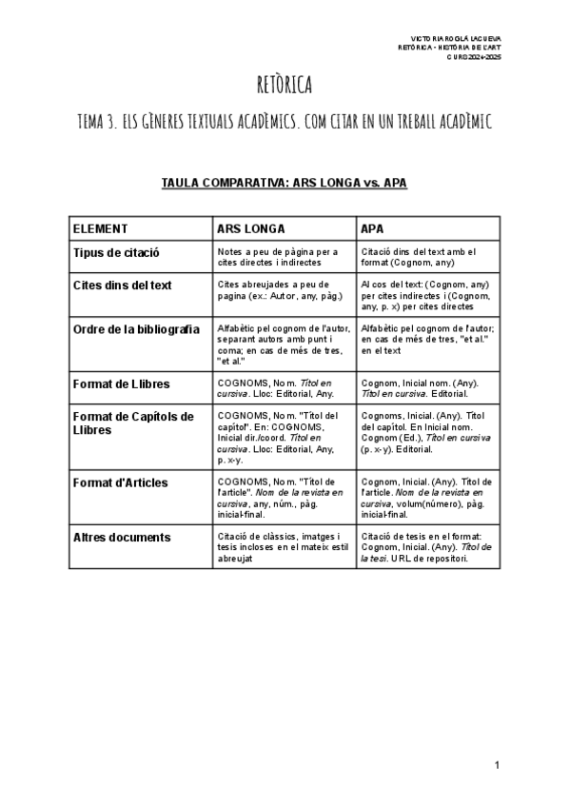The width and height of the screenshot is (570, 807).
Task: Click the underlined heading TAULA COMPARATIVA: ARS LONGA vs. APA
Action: coord(285,182)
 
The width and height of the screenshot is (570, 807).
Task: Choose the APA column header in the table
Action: coord(372,229)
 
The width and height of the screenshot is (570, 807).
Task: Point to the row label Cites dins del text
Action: coord(123,285)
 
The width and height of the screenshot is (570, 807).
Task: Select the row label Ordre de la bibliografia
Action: coord(136,329)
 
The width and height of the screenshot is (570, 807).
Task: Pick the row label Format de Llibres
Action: coord(122,384)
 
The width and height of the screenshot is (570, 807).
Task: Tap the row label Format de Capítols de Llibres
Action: coord(133,423)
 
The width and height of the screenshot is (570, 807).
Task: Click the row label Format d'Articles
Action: coord(120,482)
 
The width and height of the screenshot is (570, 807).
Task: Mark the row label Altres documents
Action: coord(122,537)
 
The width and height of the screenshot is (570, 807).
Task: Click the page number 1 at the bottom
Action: coord(497,765)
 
